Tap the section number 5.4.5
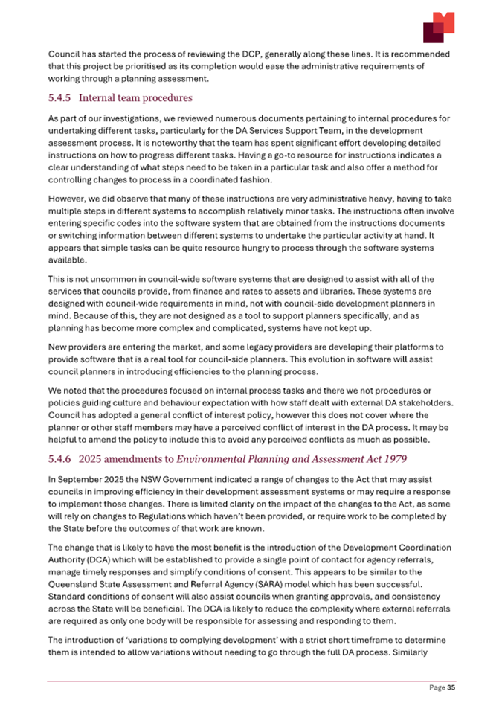tap(61, 97)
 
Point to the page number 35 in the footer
tap(451, 688)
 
